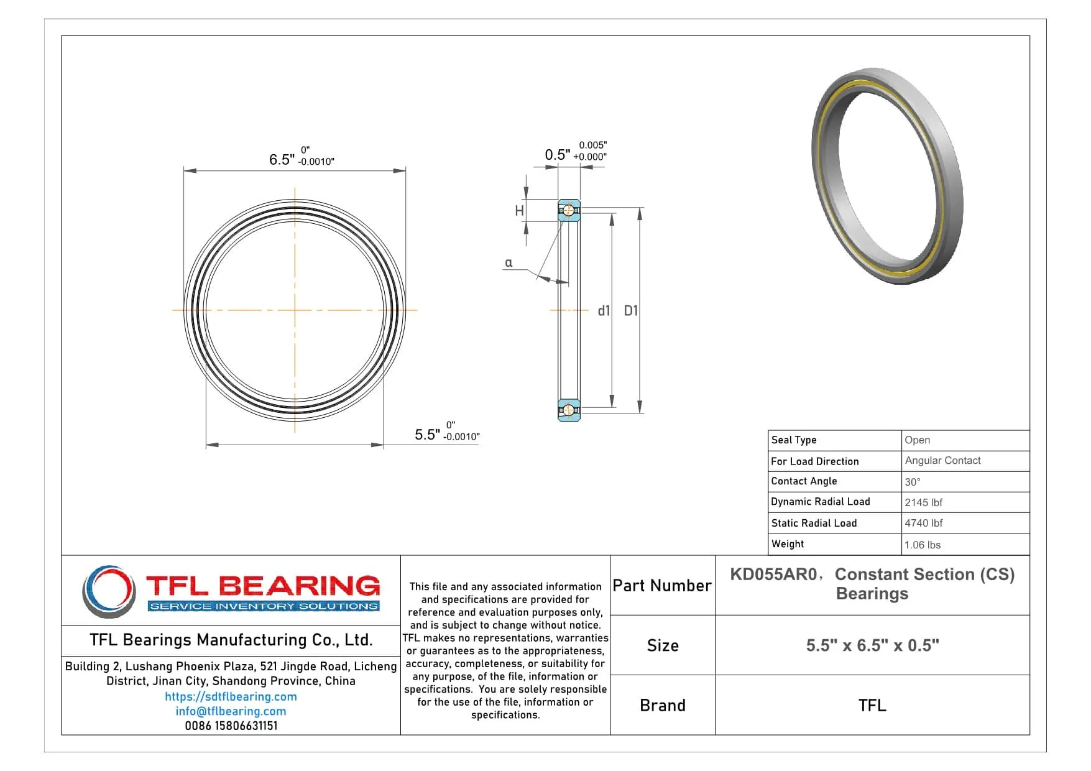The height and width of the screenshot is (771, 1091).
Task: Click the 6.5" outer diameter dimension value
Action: [x=282, y=160]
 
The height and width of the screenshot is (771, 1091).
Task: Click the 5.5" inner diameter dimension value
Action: [x=427, y=435]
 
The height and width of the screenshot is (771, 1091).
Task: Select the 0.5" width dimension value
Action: [x=557, y=155]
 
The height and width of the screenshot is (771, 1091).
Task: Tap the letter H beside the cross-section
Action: [x=519, y=211]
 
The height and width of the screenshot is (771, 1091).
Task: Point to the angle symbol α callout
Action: [x=509, y=263]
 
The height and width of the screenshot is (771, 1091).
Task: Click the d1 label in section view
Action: [x=604, y=311]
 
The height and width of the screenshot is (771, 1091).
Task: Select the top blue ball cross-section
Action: [x=568, y=211]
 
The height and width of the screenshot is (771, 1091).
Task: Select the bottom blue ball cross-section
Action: [x=568, y=410]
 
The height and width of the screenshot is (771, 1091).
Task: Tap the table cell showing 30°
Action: [x=913, y=482]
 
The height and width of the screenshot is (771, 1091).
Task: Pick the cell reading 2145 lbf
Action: [x=923, y=502]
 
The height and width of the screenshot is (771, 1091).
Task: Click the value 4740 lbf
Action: [x=923, y=523]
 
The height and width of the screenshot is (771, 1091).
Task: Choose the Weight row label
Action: [x=788, y=544]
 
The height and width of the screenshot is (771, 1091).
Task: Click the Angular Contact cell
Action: [x=942, y=461]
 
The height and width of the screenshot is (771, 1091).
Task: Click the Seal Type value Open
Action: [x=917, y=440]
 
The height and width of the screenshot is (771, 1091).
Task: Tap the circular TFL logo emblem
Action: [x=109, y=591]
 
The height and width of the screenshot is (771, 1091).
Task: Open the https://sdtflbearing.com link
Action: [x=231, y=697]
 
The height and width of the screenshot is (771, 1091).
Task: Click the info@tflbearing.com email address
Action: [x=231, y=711]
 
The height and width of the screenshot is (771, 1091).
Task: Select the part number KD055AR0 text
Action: [x=773, y=575]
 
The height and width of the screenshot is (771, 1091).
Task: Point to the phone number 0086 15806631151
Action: [x=231, y=726]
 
